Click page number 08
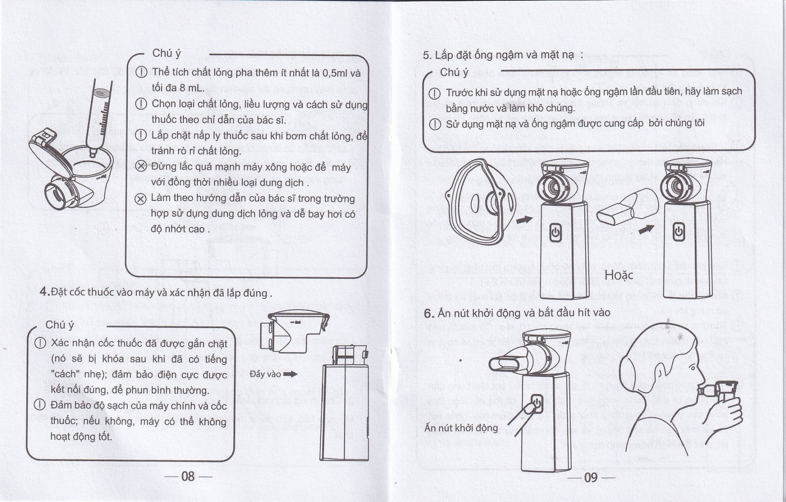[x=188, y=477]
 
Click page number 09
[x=591, y=477]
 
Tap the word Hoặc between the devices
[x=619, y=275]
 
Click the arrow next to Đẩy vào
[x=290, y=374]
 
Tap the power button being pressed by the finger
[x=537, y=404]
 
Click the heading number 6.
[x=429, y=314]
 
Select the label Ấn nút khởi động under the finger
[x=461, y=428]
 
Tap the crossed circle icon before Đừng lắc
[x=141, y=166]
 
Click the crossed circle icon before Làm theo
[x=140, y=198]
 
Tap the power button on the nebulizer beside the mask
[x=555, y=232]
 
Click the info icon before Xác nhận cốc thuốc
[x=40, y=343]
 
